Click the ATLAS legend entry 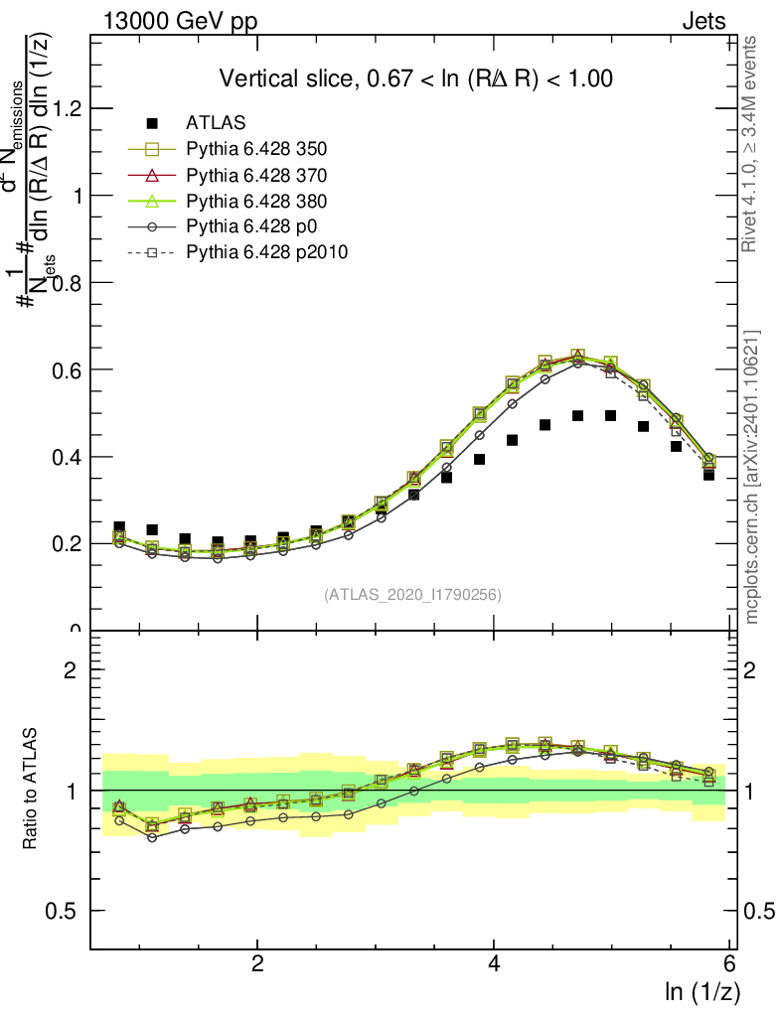[209, 123]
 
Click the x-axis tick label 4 [494, 964]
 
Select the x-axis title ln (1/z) [702, 992]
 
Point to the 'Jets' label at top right [703, 21]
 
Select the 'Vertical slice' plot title [415, 78]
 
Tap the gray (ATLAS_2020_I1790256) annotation [411, 595]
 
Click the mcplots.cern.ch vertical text [752, 478]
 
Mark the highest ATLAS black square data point [578, 415]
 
